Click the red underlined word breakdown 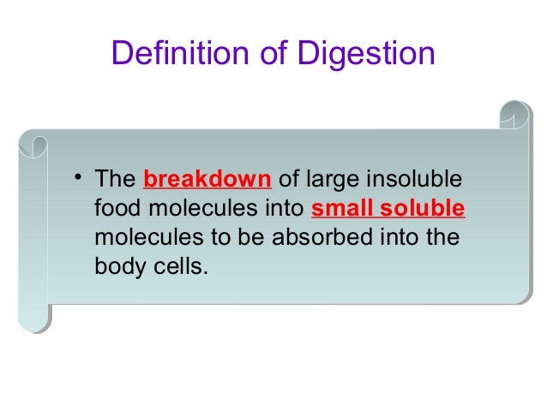(208, 181)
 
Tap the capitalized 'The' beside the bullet (112, 181)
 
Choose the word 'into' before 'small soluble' (281, 209)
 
